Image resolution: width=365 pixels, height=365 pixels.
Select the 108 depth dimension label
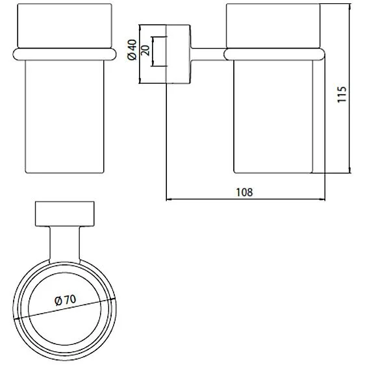click(x=245, y=192)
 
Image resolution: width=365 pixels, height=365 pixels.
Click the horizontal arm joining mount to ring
click(x=207, y=50)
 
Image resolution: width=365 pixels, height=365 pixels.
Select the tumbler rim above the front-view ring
click(x=64, y=25)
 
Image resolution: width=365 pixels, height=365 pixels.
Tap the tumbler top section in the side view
click(x=273, y=25)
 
